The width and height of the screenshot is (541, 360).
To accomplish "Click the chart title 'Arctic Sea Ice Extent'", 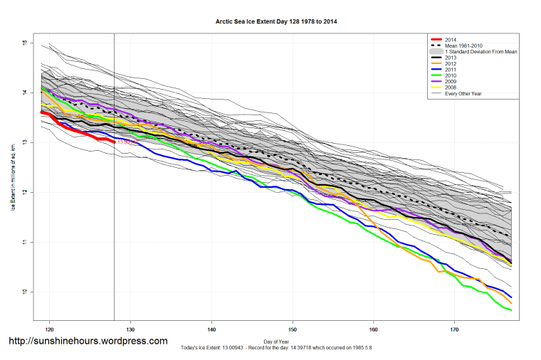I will click(x=276, y=22).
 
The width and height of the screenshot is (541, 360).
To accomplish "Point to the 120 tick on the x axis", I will click(x=50, y=330).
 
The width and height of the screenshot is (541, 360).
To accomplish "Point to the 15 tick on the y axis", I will click(x=23, y=43).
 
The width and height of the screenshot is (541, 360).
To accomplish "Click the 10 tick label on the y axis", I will click(x=23, y=292).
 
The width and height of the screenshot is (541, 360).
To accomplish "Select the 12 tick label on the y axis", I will click(x=23, y=192).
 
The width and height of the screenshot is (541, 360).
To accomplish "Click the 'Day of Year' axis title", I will click(x=276, y=342).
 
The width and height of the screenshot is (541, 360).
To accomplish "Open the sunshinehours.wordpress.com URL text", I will click(x=88, y=342).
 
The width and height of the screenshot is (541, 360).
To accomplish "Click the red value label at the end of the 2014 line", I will click(x=126, y=142).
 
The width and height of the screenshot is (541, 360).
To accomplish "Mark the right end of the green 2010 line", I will click(x=511, y=310).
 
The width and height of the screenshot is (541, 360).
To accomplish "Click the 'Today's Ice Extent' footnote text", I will click(x=276, y=347).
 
